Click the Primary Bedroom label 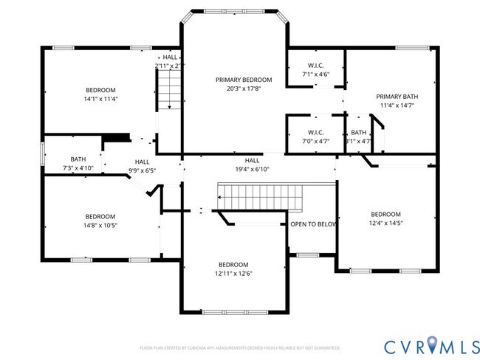pos(244,80)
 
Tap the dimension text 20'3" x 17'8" pos(244,89)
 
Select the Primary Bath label pos(397,97)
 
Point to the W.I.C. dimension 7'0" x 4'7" pos(316,141)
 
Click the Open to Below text pos(313,224)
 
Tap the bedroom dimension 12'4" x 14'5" pos(386,223)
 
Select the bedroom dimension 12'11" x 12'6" pos(233,274)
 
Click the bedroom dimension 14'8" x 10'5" pos(100,225)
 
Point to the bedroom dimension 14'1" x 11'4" pos(100,98)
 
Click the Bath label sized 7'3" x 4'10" pos(78,159)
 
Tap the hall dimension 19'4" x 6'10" pos(252,169)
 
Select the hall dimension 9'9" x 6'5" pos(142,170)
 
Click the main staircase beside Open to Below pos(259,197)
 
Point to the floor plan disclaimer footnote pos(240,347)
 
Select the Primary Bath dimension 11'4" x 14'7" pos(397,105)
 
